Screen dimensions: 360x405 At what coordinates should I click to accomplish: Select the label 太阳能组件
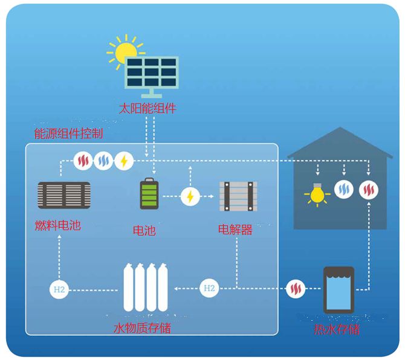click(147, 109)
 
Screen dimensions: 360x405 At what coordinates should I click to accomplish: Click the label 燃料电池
click(58, 227)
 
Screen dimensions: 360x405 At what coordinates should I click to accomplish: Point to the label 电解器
click(235, 230)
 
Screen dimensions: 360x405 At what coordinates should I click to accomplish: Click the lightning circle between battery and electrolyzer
click(190, 196)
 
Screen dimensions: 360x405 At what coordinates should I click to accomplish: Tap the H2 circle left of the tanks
click(59, 289)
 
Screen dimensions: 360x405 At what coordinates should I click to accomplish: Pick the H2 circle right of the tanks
click(209, 288)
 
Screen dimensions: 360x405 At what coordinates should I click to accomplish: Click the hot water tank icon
click(337, 289)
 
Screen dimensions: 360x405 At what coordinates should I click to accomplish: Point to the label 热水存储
click(337, 329)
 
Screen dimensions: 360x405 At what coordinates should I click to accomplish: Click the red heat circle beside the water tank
click(296, 289)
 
